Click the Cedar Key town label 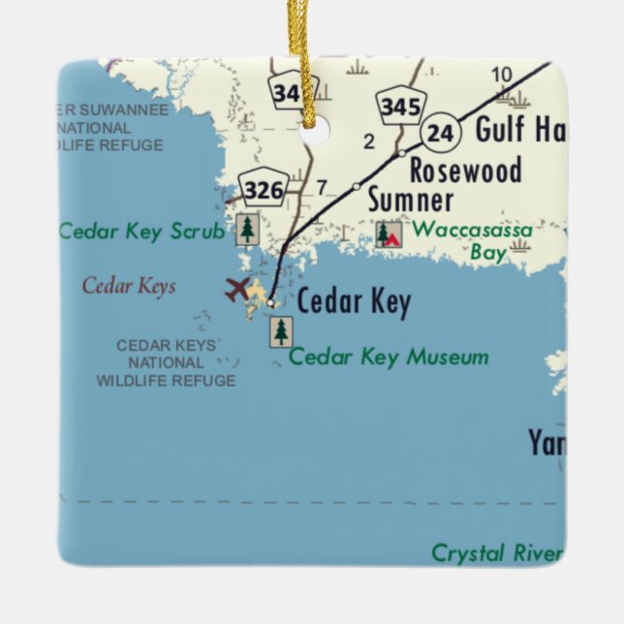[354, 302]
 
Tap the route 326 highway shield [263, 191]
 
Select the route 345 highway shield [399, 108]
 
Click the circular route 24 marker [440, 134]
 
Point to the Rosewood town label [465, 170]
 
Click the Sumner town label [410, 201]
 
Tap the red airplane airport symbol [236, 289]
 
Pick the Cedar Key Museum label [389, 357]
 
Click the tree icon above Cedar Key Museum [281, 331]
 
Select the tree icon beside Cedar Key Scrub [248, 230]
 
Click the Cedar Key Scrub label [141, 232]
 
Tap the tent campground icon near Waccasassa [389, 233]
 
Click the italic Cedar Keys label [129, 286]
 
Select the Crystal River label [496, 553]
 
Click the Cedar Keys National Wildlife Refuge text [166, 363]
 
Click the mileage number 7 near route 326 [323, 187]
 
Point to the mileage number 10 [501, 74]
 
